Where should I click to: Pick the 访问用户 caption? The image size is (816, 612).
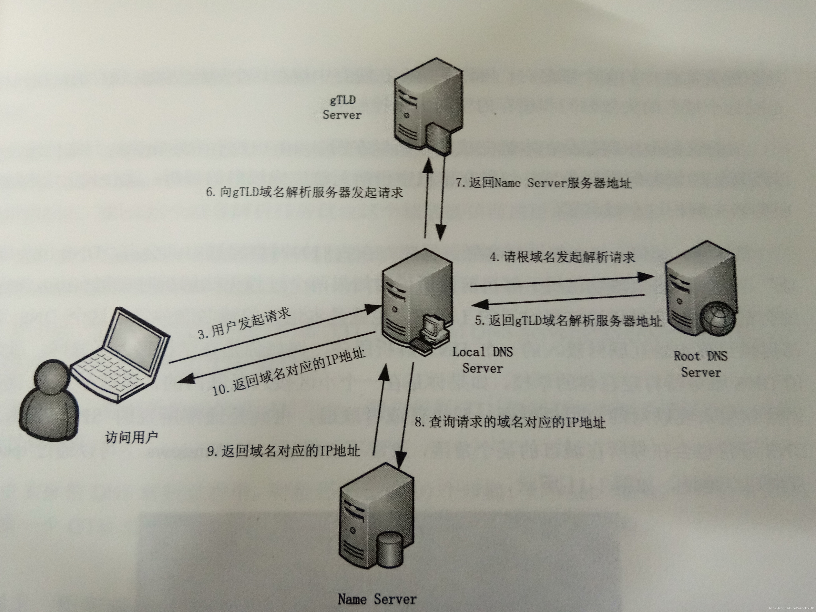(x=132, y=437)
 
